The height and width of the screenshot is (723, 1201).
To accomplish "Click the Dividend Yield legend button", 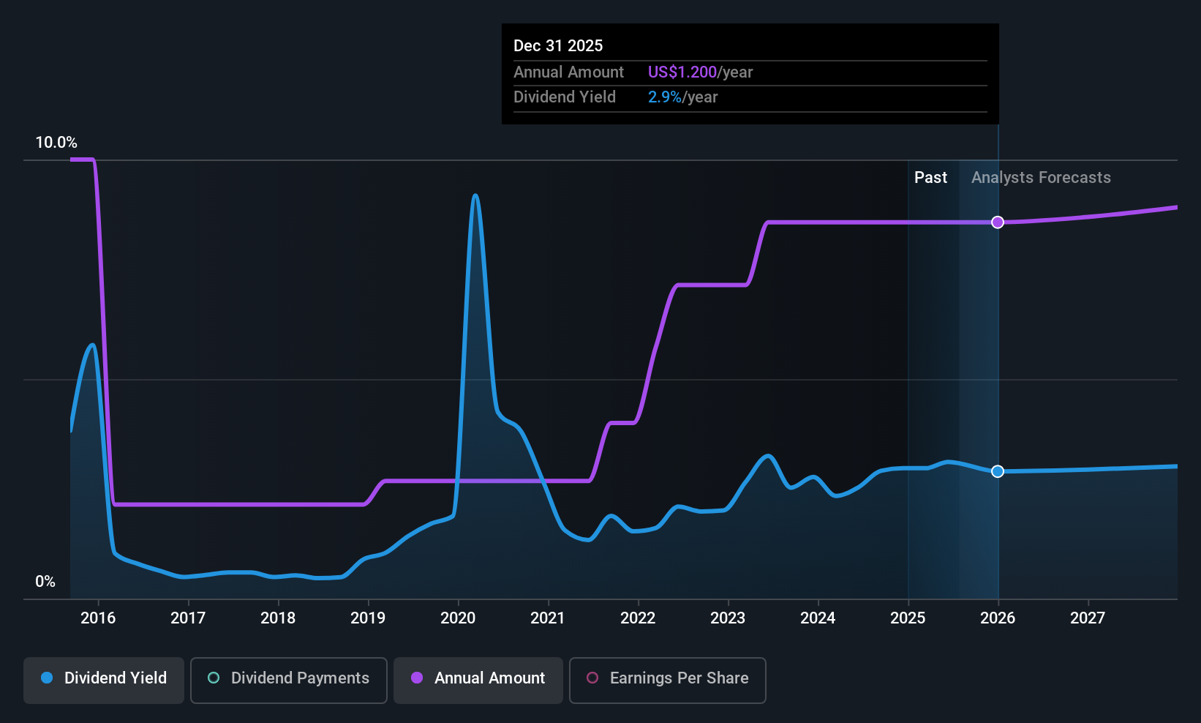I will tap(104, 679).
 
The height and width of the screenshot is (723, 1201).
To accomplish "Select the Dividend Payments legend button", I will tap(288, 679).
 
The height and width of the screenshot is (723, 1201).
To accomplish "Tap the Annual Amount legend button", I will tap(478, 679).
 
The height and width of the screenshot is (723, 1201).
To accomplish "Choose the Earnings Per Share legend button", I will tap(667, 679).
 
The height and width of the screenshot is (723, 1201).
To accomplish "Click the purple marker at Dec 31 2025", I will tap(998, 222).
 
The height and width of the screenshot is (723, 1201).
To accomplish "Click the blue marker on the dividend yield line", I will tap(998, 471).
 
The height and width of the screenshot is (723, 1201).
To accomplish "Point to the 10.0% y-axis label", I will tap(56, 143).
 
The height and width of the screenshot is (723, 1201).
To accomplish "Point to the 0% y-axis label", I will tap(45, 582).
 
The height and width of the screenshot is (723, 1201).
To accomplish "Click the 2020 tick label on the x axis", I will tap(458, 618).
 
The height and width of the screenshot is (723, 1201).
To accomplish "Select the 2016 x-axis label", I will tap(98, 618).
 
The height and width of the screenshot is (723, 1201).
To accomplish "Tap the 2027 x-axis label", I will tap(1088, 618).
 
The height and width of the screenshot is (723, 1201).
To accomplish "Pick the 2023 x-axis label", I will tap(728, 618).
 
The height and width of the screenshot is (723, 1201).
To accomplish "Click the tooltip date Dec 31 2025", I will tap(558, 46).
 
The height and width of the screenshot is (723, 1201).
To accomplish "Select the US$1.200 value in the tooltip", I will tap(682, 72).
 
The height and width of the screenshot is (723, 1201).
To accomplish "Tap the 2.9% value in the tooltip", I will tap(664, 97).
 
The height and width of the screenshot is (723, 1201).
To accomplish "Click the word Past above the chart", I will tap(930, 178).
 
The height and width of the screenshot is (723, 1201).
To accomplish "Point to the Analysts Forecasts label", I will tap(1041, 178).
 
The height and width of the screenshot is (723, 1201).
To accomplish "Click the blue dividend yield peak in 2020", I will tap(475, 195).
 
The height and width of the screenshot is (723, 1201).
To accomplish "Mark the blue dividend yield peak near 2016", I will tap(92, 345).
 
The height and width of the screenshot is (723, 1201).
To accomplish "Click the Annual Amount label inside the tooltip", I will tap(568, 72).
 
